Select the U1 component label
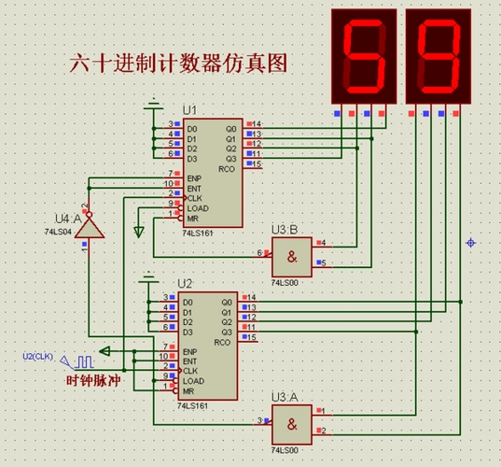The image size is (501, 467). (190, 110)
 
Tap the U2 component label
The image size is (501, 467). (185, 283)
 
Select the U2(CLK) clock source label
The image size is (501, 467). (39, 356)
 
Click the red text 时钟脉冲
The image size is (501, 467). (93, 381)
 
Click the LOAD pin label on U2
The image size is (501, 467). (195, 381)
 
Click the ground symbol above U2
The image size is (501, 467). (148, 277)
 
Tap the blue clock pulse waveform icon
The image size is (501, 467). (85, 361)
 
